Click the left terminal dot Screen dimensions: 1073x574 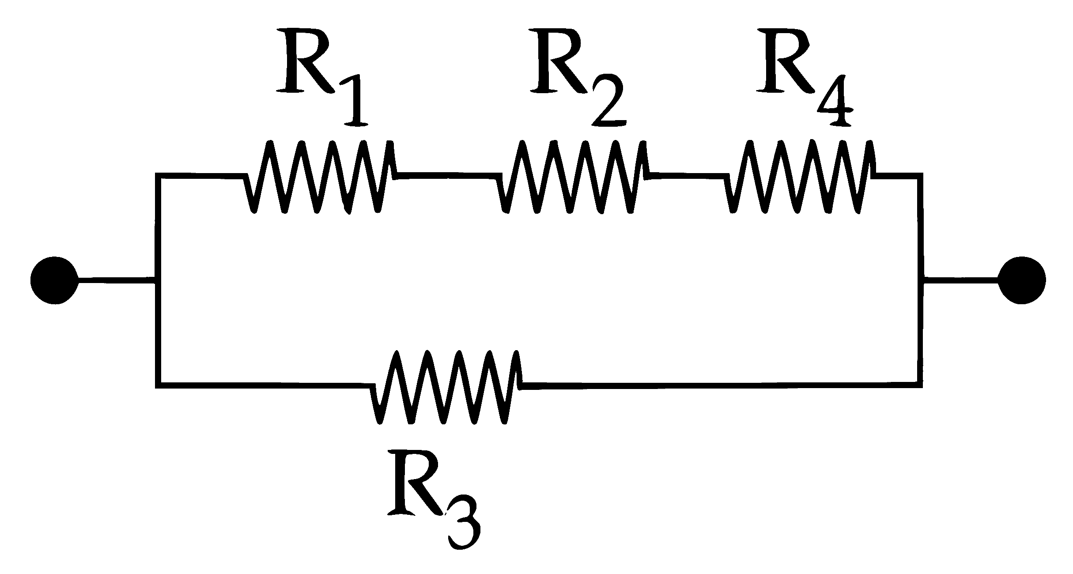tap(54, 280)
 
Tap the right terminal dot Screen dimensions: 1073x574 tap(1021, 280)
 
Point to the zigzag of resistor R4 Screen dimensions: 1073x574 tap(800, 177)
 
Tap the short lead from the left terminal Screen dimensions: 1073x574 tap(117, 280)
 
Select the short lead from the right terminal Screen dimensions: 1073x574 tap(961, 280)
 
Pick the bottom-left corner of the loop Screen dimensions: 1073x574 tap(158, 385)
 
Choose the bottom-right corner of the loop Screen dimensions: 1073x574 tap(919, 385)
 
